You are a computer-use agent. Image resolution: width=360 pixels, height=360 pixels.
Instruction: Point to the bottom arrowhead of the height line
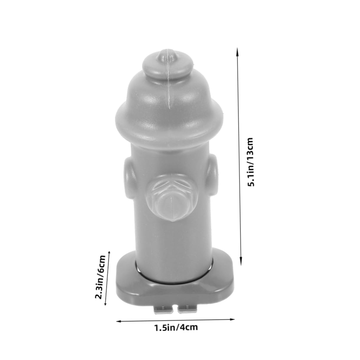(x=241, y=262)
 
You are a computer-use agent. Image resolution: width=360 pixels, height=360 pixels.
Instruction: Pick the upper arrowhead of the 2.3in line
(x=110, y=251)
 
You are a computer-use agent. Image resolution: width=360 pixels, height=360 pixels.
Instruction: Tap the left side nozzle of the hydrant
(x=129, y=178)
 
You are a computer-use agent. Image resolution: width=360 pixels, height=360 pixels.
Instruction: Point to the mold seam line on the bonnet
(x=169, y=94)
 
